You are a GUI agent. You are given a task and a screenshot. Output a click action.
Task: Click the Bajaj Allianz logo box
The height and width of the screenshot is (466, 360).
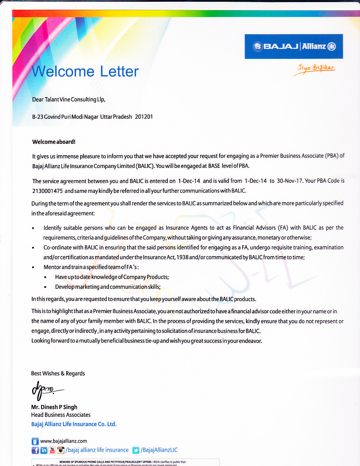(293, 46)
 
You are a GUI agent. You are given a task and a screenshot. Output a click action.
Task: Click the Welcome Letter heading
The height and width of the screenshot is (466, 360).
(86, 71)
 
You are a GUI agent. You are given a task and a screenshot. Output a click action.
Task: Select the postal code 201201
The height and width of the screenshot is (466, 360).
(144, 116)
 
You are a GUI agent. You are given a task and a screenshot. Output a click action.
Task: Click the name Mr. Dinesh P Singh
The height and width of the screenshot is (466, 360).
(54, 407)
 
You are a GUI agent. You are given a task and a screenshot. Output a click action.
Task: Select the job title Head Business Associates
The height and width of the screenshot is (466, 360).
(61, 415)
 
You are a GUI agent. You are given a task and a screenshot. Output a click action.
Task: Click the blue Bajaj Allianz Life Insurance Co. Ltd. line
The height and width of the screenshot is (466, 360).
(74, 424)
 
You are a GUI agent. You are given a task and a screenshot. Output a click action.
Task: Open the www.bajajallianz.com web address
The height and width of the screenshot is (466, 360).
(64, 441)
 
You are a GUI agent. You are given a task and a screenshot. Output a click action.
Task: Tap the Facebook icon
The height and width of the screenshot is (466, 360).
(35, 450)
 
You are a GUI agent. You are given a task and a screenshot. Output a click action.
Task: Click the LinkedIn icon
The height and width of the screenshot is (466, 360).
(44, 450)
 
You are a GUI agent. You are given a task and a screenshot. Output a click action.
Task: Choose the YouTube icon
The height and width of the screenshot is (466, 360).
(53, 450)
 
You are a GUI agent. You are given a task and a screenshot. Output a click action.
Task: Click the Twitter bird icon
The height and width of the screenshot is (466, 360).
(136, 450)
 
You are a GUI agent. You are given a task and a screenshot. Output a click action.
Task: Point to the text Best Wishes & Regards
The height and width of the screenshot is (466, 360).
(58, 374)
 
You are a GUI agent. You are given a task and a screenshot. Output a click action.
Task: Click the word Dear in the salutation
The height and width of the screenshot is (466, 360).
(38, 100)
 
